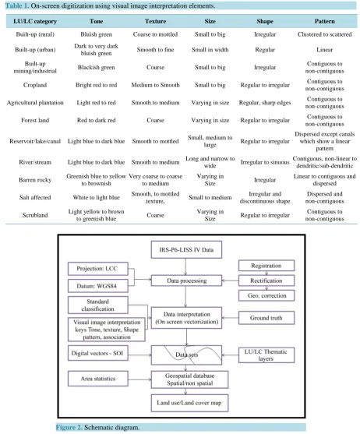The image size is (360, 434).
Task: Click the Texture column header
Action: [x=155, y=21]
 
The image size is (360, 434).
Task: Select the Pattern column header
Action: [x=324, y=21]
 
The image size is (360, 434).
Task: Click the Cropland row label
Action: [x=35, y=85]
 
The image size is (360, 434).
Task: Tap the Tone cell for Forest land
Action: [x=96, y=120]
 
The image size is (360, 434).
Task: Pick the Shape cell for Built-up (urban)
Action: [x=265, y=50]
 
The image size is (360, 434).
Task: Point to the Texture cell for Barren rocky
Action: [x=155, y=180]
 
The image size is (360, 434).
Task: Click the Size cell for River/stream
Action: [x=210, y=162]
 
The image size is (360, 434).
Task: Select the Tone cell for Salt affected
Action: [x=96, y=197]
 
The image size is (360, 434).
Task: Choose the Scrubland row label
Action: [x=35, y=215]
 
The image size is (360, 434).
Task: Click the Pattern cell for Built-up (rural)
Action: [x=324, y=34]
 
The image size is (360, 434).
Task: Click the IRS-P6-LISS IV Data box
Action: [x=186, y=249]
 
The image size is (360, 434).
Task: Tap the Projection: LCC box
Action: [x=98, y=269]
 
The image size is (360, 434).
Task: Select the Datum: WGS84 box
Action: [x=98, y=286]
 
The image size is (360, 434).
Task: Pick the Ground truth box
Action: [x=266, y=318]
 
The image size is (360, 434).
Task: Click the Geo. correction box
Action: [x=266, y=295]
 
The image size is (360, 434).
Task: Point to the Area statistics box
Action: [x=98, y=379]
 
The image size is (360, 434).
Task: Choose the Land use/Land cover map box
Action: [x=189, y=403]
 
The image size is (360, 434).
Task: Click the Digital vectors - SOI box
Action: [x=98, y=353]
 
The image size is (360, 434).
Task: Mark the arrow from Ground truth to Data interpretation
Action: [x=230, y=318]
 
